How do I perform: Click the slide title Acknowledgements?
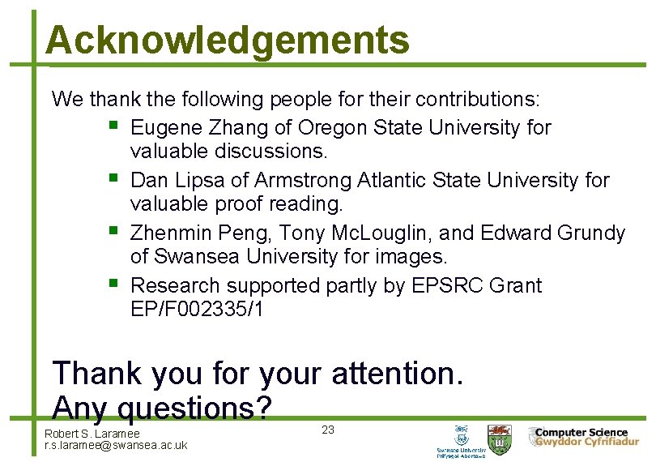pos(228,40)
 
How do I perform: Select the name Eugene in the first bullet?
pos(167,128)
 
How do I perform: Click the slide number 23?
pos(328,430)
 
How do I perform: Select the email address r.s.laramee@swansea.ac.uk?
pos(116,445)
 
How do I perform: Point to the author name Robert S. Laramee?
pos(92,434)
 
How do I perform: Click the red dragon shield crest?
pos(499,436)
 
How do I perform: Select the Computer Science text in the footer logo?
pos(581,433)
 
